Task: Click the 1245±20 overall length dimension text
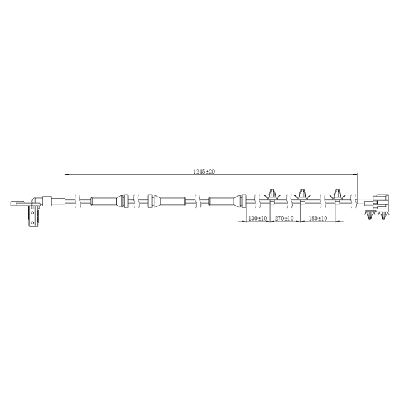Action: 204,170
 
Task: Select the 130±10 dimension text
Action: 257,218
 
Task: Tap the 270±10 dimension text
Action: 285,218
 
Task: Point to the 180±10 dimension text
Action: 318,218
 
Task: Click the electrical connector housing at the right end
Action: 378,203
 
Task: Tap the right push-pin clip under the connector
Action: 383,217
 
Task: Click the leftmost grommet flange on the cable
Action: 125,201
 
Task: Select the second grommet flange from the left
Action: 150,201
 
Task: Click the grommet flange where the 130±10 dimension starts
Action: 240,201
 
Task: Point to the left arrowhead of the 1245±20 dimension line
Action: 67,174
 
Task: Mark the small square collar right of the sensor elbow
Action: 46,201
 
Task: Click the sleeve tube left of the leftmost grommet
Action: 105,201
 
